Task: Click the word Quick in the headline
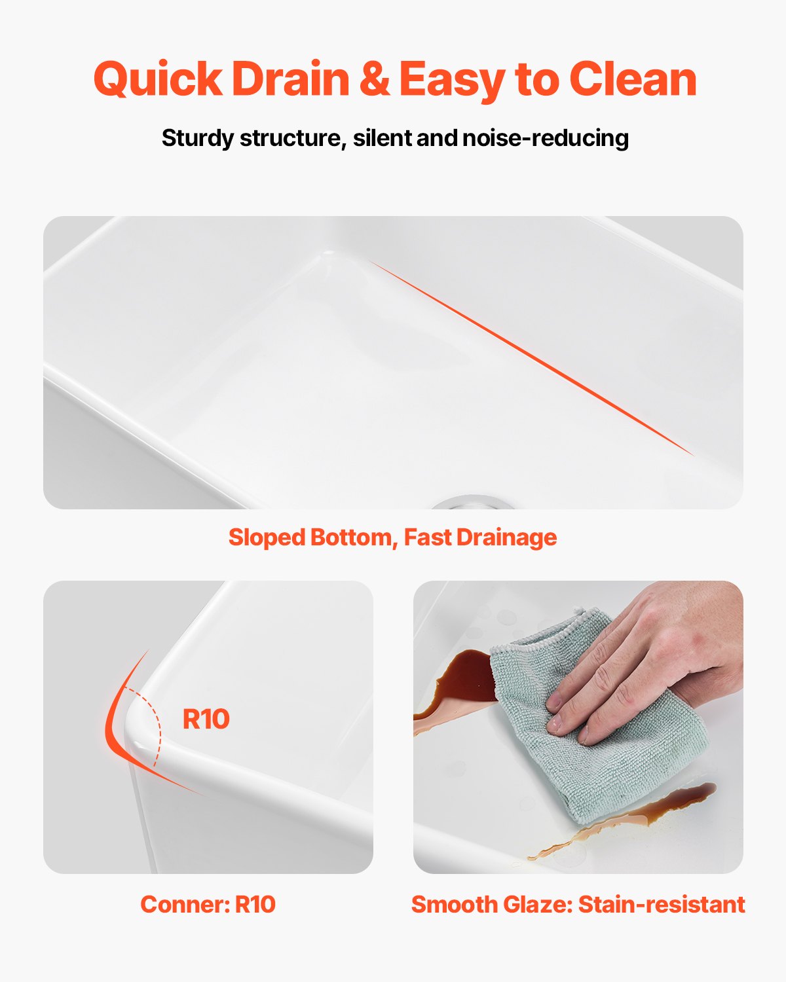click(158, 79)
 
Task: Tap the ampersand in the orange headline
click(375, 78)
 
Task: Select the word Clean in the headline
click(633, 78)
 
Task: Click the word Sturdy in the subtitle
click(197, 138)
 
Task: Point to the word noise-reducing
click(546, 138)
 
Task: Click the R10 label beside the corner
click(206, 719)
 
